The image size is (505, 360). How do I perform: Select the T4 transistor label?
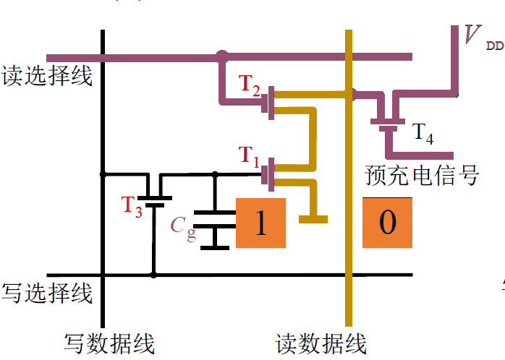[x=423, y=132]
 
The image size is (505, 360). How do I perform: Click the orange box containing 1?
[x=261, y=223]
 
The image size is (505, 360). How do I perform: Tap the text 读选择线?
[x=48, y=75]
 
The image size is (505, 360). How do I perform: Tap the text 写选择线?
[x=48, y=293]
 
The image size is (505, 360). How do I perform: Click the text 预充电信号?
[x=423, y=175]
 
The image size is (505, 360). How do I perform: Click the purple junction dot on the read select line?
[x=221, y=55]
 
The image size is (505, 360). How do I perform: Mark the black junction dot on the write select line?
[x=153, y=275]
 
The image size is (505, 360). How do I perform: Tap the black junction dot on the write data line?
[x=103, y=173]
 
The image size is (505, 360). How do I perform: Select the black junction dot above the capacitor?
[x=215, y=173]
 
